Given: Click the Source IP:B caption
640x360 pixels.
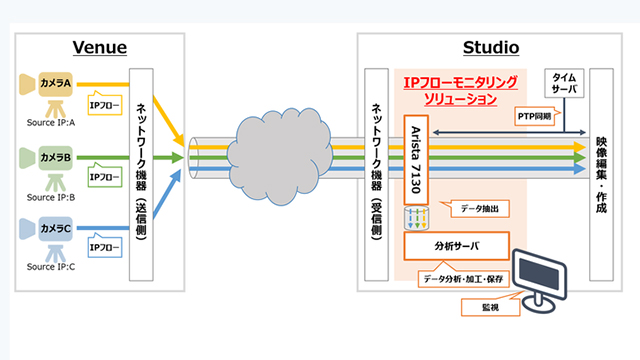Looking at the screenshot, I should [x=54, y=197].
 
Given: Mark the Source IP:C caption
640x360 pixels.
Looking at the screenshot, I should [x=54, y=267].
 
